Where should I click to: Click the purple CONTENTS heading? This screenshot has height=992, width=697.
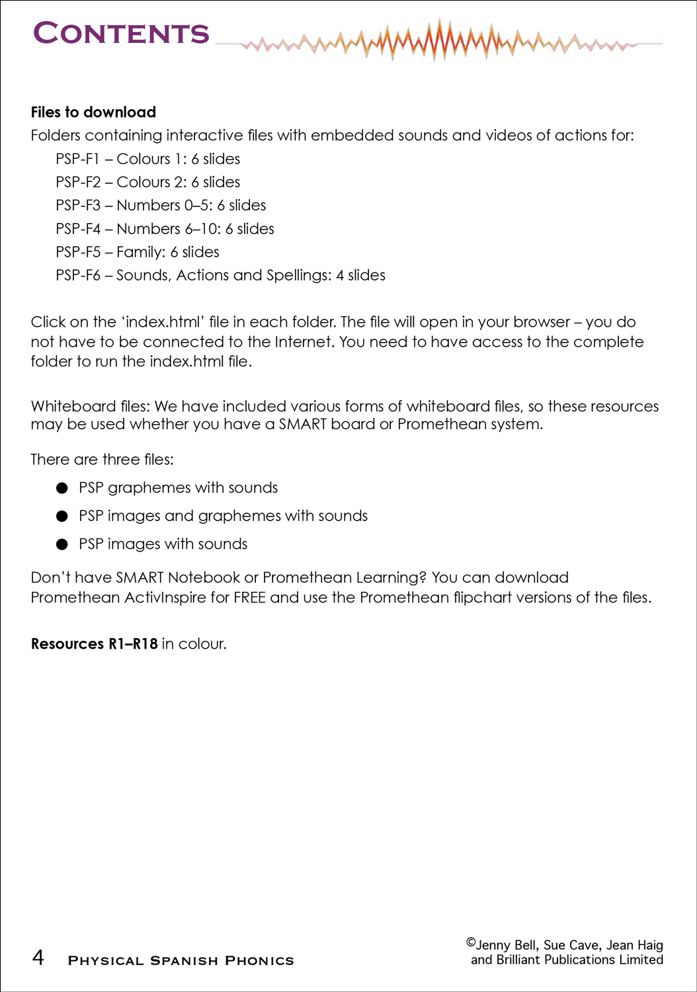pos(121,34)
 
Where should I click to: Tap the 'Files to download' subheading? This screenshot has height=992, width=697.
pos(93,112)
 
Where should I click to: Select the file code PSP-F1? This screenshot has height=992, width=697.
pos(77,159)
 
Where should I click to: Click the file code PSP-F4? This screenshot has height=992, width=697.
pos(77,229)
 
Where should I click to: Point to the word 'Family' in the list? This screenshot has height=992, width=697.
pos(140,253)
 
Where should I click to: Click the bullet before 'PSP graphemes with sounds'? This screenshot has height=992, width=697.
pos(62,489)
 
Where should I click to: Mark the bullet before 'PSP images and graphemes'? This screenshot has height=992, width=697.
pos(62,517)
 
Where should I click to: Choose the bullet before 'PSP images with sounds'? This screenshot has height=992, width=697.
pos(62,545)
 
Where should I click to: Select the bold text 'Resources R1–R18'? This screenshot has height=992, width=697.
pos(94,644)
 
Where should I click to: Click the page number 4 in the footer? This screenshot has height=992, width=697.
pos(38,958)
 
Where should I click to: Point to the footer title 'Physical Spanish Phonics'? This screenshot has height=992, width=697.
pos(181,961)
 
